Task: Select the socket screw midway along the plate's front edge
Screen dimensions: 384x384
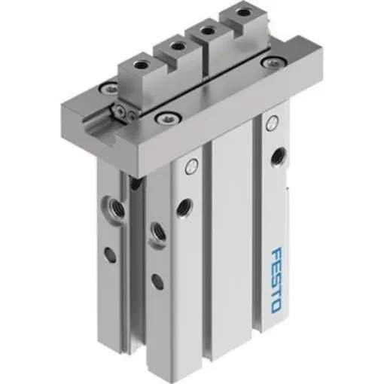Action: point(163,117)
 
